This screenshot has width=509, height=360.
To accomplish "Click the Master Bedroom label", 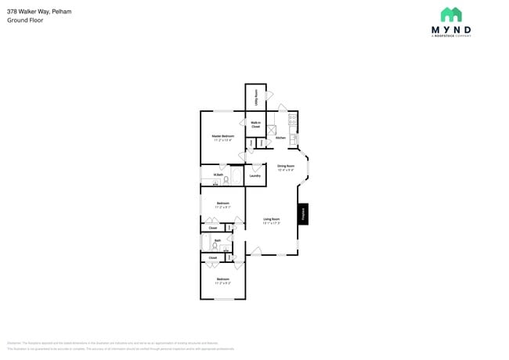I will point(223,137).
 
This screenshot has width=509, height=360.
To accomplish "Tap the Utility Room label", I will point(256,98).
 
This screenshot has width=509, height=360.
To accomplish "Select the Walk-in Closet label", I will point(255,124).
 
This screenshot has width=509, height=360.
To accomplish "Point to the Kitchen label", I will point(280,138).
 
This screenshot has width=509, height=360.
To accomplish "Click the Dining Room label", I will point(286,167).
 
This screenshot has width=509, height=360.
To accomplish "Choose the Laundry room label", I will point(254,175).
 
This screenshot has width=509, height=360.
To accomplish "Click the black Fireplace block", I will point(301,214).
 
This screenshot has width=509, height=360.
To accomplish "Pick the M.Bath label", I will point(218,175).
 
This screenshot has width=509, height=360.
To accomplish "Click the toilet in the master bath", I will point(226,181).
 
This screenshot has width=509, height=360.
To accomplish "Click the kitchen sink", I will point(294,139).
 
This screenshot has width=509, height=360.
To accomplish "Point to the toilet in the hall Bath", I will point(222,247).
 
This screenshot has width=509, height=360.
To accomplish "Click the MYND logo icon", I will point(450,15).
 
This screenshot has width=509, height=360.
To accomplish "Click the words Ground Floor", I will point(25,20).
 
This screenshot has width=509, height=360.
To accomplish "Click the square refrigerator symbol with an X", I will point(272,131).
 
